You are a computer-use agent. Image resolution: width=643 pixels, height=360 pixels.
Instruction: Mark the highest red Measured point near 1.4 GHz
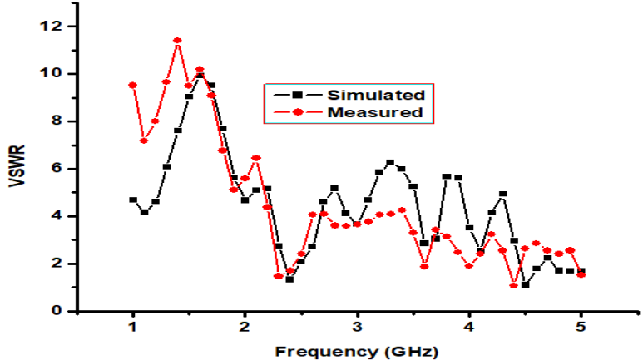click(177, 41)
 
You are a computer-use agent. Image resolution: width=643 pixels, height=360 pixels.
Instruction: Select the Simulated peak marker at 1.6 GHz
click(200, 76)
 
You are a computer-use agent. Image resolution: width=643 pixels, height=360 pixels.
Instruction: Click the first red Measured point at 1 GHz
click(133, 86)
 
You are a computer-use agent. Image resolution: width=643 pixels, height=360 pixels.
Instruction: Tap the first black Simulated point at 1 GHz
click(133, 200)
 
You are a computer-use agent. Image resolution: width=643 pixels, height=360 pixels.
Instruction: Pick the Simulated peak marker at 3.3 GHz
click(390, 162)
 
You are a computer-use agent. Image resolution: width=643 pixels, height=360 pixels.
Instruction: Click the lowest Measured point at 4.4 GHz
click(514, 285)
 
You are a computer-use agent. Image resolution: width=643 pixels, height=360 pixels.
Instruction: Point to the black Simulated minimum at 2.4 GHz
click(289, 279)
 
